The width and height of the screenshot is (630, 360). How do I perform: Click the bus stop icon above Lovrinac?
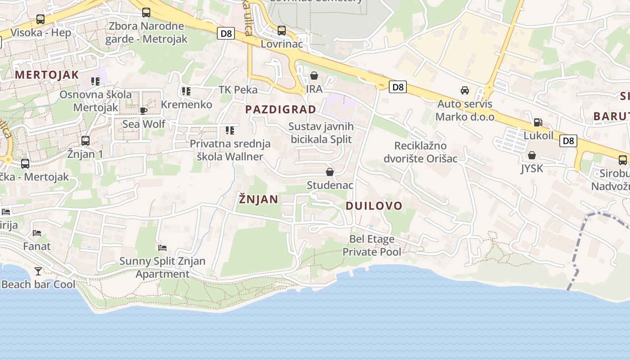tap(282, 31)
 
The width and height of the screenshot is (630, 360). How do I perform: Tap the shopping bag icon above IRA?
tap(314, 76)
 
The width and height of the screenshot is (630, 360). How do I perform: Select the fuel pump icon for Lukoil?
tap(538, 122)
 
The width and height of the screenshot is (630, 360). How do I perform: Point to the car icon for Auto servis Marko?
tap(465, 90)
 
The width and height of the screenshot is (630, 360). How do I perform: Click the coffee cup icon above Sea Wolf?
tap(144, 110)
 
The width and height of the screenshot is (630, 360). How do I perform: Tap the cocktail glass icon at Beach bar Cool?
tap(38, 271)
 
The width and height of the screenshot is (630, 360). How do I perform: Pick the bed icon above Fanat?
tap(37, 233)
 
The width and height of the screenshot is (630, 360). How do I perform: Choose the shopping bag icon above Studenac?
tap(330, 172)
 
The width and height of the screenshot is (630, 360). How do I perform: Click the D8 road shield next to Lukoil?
tap(568, 141)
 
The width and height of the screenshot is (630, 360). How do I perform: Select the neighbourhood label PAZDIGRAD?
tap(280, 109)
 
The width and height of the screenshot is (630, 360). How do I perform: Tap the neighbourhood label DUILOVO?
tap(374, 206)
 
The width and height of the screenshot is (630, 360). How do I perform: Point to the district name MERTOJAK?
tap(47, 75)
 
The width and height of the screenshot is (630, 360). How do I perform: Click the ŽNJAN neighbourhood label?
tap(258, 199)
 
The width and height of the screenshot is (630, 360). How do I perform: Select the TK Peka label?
tap(238, 90)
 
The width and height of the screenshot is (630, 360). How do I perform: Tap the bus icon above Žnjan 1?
tap(85, 140)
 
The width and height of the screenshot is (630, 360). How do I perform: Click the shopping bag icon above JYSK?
tap(532, 155)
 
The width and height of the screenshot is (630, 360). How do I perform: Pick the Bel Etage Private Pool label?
tap(372, 245)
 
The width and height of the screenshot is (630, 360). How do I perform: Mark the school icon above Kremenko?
tap(186, 91)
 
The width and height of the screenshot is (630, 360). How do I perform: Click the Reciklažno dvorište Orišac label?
tap(420, 152)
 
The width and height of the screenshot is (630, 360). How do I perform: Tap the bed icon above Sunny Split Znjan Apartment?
tap(162, 247)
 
